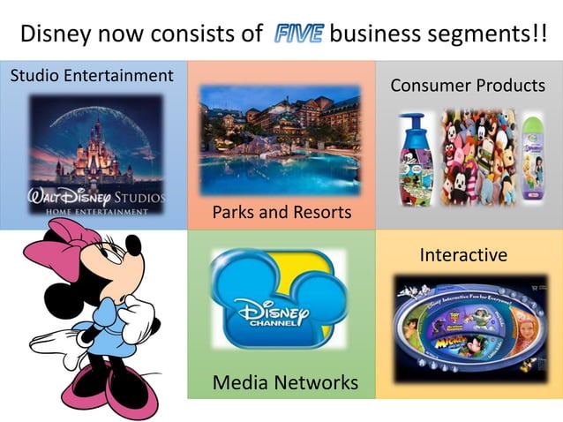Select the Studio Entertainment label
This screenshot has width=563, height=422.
click(92, 76)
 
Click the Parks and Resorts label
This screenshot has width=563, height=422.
click(281, 213)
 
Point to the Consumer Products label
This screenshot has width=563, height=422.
click(468, 86)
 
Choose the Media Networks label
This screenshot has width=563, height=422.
click(285, 382)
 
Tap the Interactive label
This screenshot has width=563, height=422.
click(463, 255)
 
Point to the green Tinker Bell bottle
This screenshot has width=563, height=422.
click(534, 159)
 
